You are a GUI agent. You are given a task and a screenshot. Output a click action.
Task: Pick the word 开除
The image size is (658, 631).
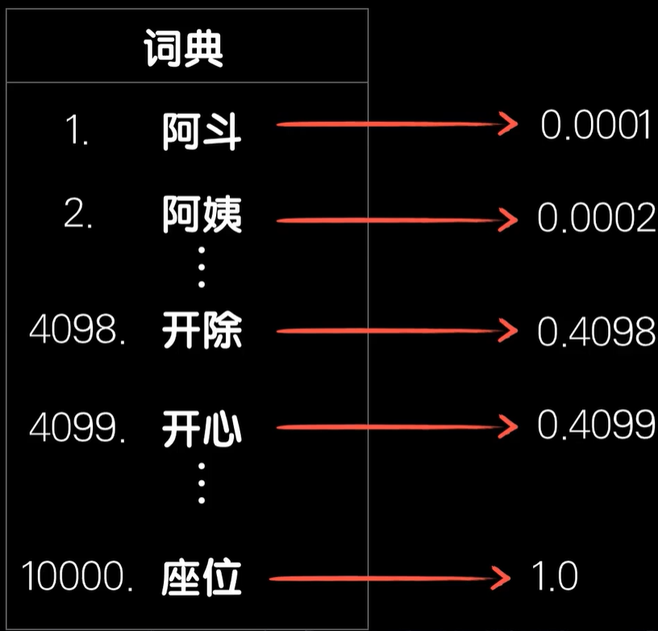(202, 332)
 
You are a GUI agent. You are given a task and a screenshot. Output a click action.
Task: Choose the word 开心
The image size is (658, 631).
(202, 428)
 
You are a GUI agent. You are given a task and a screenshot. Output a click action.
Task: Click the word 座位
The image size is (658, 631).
(202, 579)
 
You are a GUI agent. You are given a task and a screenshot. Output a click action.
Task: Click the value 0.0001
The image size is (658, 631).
(595, 126)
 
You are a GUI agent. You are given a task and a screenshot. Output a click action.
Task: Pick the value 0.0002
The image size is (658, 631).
(596, 217)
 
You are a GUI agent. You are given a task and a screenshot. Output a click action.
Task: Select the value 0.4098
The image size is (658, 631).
(596, 332)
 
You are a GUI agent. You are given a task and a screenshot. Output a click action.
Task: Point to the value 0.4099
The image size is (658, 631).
(596, 426)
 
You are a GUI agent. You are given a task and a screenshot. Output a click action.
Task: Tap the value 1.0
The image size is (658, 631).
(555, 576)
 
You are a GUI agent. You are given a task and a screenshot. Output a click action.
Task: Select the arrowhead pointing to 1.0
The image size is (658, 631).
(502, 578)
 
